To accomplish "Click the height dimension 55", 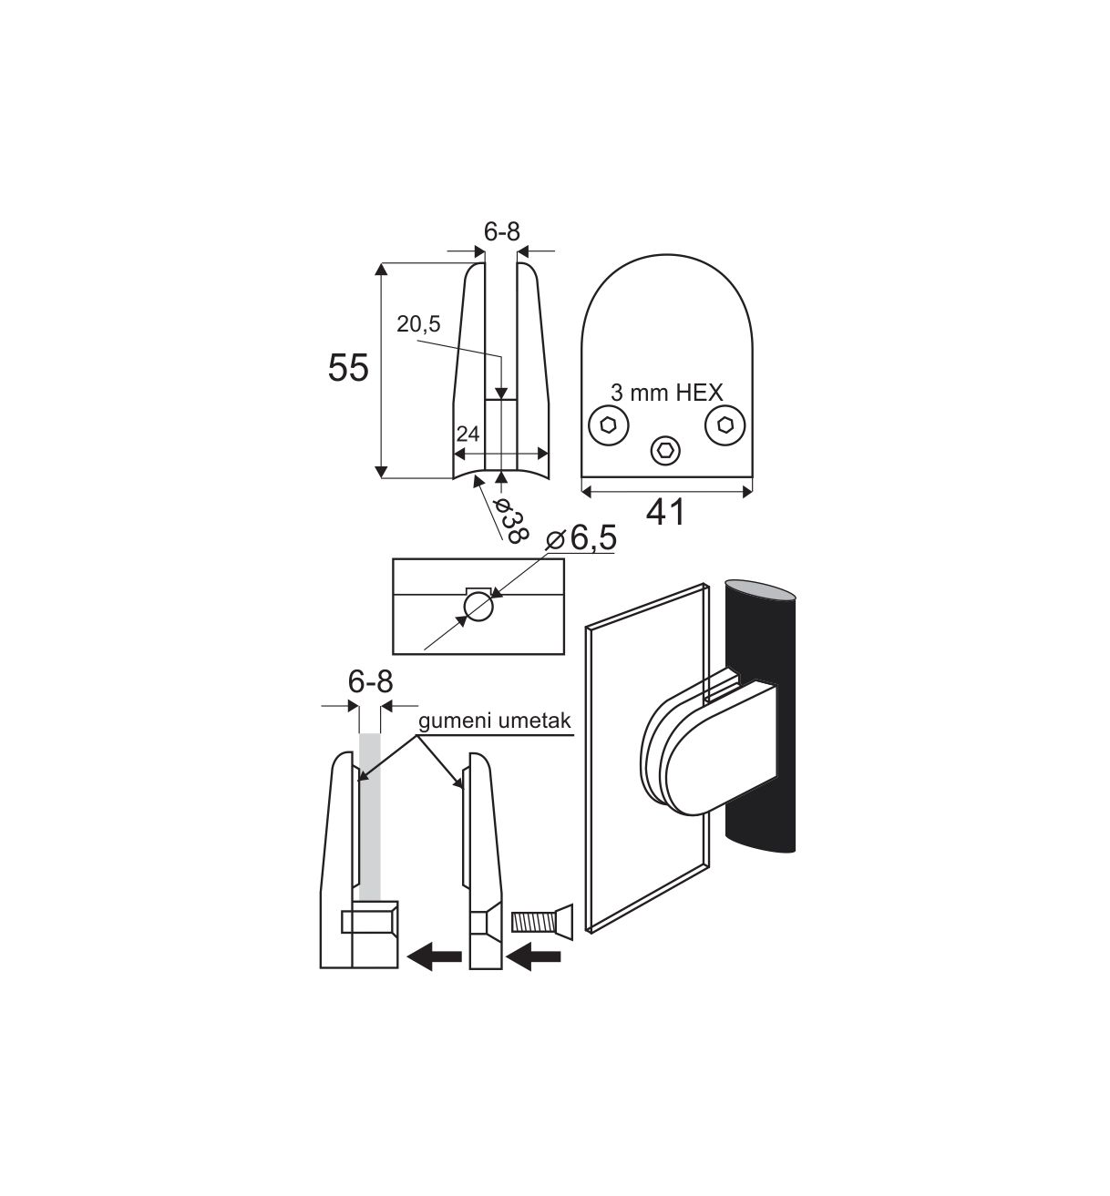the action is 348,368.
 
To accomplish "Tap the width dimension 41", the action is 666,513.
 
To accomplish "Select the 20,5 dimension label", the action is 419,324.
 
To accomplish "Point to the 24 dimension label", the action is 467,434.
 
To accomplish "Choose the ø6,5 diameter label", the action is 581,537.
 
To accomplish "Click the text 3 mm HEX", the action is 666,393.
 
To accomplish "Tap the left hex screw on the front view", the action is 609,425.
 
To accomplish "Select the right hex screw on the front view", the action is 725,425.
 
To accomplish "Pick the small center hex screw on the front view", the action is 666,450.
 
